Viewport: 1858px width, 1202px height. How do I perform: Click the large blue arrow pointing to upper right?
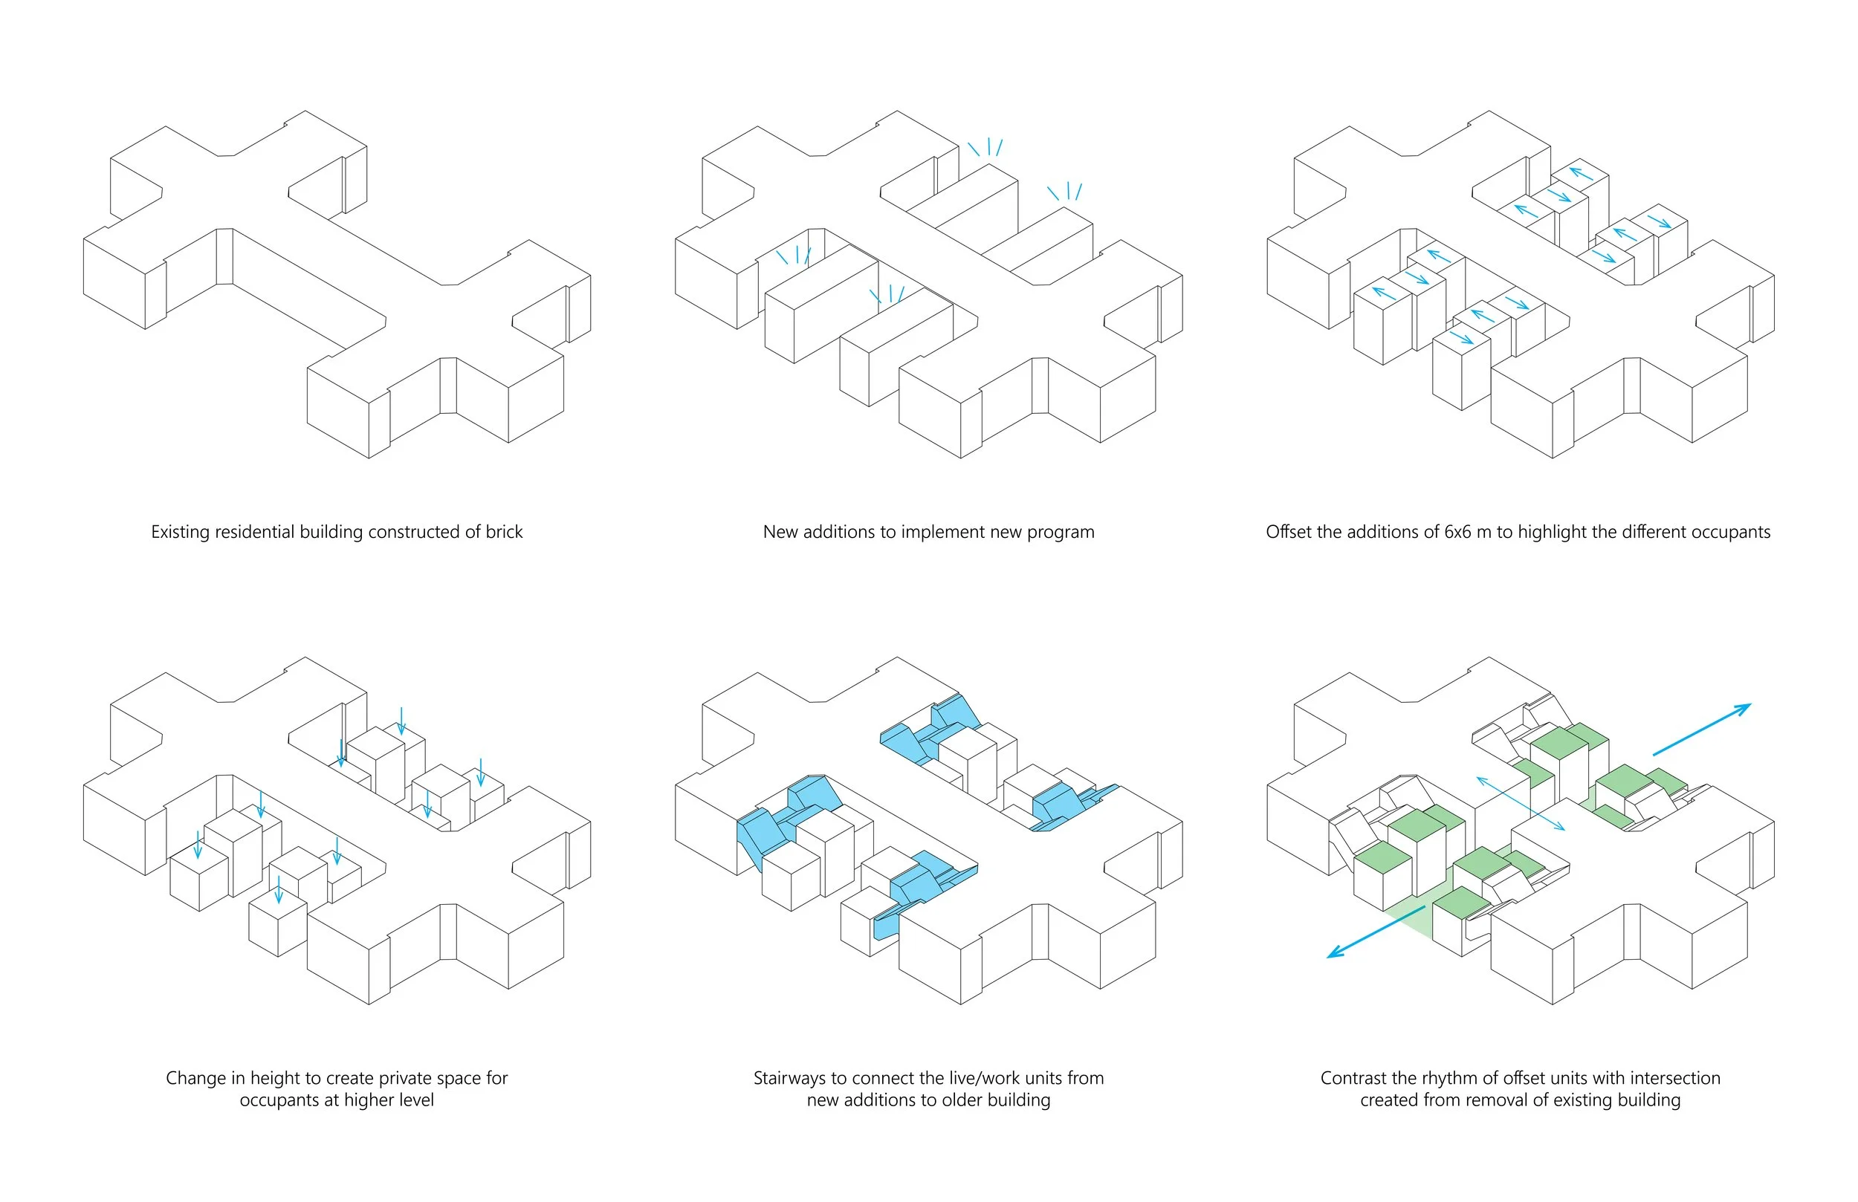tap(1702, 729)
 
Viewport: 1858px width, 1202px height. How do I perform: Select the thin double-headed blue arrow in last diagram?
tap(1520, 803)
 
